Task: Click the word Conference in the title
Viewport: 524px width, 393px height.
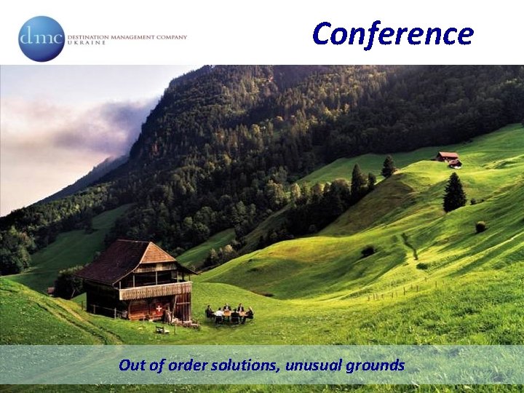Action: tap(392, 33)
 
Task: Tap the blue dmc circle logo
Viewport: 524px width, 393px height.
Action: tap(41, 39)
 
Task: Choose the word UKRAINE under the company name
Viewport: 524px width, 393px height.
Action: tap(86, 43)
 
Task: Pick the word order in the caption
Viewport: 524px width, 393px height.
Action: tap(188, 365)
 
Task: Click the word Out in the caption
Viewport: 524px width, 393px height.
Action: tap(132, 365)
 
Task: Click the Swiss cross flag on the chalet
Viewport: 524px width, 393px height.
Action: tap(159, 309)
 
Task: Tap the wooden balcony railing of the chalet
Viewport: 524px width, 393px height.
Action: tap(155, 290)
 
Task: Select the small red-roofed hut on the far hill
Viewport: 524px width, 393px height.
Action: tap(448, 157)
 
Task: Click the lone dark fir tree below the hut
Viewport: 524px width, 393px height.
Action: tap(454, 193)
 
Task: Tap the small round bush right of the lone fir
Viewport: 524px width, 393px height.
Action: tap(481, 226)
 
